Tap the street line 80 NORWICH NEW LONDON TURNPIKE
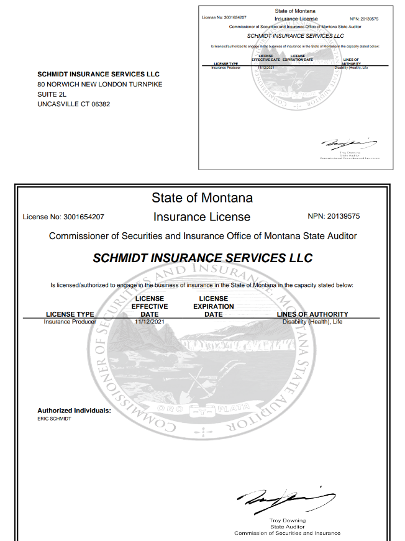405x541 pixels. point(99,84)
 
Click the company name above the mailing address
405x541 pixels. point(95,74)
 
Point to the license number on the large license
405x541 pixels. point(63,217)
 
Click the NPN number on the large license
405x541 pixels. point(334,217)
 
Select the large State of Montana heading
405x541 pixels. point(202,198)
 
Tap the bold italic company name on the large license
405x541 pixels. point(202,258)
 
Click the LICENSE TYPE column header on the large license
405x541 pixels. point(70,314)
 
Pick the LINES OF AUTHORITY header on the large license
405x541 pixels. point(312,314)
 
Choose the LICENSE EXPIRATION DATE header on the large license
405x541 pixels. point(213,306)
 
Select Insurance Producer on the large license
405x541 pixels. point(70,322)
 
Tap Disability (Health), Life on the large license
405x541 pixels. point(312,322)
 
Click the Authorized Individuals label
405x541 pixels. point(74,411)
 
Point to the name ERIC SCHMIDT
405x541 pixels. point(54,419)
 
